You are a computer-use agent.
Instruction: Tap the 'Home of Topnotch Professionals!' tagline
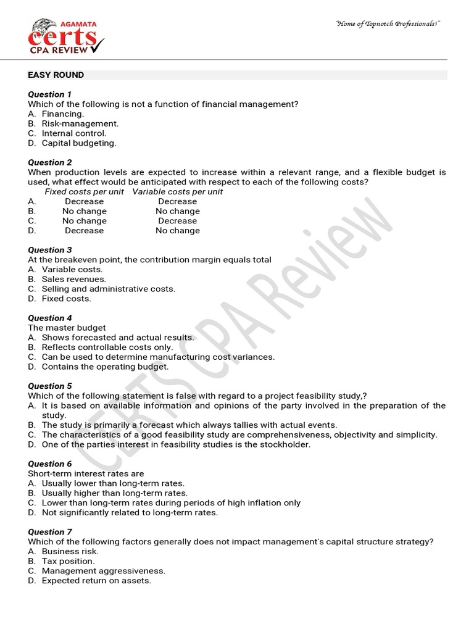coord(388,23)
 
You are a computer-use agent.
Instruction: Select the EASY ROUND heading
coord(56,75)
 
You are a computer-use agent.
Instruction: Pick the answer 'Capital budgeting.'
coord(79,143)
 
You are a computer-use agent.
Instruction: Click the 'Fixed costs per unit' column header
coord(85,192)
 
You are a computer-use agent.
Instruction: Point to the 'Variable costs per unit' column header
coord(178,192)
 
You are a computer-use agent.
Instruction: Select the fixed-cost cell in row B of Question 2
coord(85,211)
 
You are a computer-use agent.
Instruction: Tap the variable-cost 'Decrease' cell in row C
coord(178,221)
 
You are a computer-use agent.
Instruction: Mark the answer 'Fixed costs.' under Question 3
coord(67,299)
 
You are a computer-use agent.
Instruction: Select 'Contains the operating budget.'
coord(105,367)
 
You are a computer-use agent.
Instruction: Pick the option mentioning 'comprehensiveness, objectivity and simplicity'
coord(239,434)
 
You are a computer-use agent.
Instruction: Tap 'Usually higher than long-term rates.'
coord(115,493)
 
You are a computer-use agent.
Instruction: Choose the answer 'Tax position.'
coord(69,561)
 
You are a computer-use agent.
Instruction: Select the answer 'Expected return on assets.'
coord(96,581)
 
